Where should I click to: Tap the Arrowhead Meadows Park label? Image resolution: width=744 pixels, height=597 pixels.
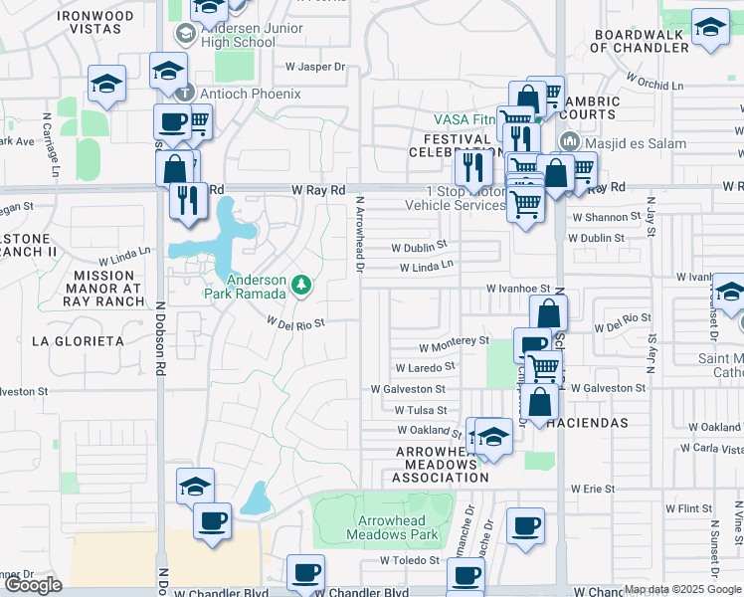393,527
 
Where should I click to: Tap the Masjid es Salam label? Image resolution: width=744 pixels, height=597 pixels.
636,143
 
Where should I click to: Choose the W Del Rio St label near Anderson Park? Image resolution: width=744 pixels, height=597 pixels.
296,321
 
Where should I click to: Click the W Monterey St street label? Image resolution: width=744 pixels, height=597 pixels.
454,339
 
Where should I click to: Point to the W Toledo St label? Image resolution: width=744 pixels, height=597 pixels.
410,560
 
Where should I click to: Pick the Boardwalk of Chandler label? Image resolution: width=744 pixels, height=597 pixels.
643,41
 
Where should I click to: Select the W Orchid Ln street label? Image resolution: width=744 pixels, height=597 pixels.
654,80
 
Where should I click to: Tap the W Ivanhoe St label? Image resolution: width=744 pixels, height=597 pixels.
519,288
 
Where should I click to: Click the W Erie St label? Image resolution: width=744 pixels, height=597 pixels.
593,490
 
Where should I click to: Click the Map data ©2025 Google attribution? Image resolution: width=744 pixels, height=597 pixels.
682,589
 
